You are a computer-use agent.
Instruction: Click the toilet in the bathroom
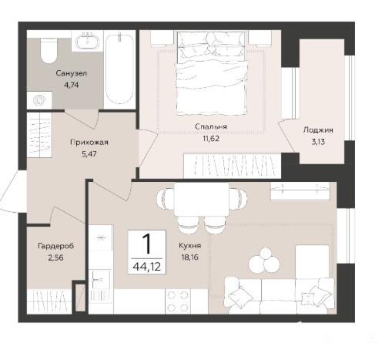point(49,51)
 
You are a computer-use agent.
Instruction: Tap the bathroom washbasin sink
point(87,41)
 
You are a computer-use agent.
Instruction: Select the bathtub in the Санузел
point(119,69)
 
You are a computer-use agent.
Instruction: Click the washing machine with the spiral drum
point(40,100)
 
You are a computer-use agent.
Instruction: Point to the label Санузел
point(72,73)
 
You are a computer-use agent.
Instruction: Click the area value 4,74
point(72,85)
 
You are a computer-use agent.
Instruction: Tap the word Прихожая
point(89,142)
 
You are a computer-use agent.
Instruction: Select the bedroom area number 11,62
point(211,139)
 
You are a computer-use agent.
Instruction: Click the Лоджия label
point(318,130)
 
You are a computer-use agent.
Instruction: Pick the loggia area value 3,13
point(318,142)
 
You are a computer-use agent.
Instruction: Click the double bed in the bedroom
point(212,73)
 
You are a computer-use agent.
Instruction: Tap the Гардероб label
point(56,246)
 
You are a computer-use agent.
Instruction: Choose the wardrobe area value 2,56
point(55,257)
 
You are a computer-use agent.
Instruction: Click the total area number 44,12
point(147,267)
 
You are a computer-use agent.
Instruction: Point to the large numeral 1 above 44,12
point(147,244)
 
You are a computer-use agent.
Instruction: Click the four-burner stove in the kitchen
point(178,301)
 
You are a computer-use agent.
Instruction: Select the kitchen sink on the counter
point(100,279)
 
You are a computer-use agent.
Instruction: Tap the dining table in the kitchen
point(201,199)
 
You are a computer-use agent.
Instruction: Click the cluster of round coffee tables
point(264,260)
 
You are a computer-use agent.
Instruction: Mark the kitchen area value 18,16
point(190,257)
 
